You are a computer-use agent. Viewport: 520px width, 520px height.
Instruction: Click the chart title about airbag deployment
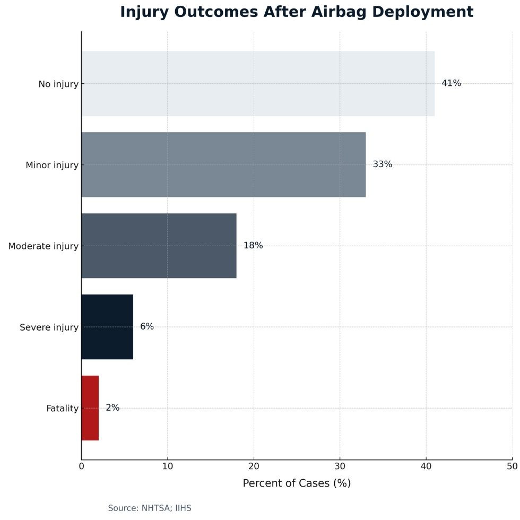click(x=296, y=12)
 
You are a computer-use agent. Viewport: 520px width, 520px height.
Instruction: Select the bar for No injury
click(x=258, y=83)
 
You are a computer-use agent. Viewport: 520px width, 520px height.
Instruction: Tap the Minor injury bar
click(x=223, y=164)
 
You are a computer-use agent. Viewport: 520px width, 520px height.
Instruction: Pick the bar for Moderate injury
click(x=159, y=246)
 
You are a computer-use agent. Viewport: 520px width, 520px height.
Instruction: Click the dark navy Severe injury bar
click(x=107, y=327)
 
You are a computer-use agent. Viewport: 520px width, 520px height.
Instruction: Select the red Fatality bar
click(x=90, y=408)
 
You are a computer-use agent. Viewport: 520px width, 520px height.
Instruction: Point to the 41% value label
click(x=451, y=83)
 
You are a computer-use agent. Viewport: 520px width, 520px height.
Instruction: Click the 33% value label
click(x=382, y=164)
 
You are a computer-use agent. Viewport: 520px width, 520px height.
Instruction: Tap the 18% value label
click(x=253, y=246)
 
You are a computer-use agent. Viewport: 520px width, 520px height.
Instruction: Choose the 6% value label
click(x=147, y=327)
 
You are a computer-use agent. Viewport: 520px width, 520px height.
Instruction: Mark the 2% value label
click(x=112, y=408)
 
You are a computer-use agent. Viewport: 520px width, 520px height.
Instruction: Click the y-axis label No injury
click(x=58, y=84)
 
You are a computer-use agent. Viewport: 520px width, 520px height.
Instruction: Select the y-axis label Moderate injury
click(x=43, y=246)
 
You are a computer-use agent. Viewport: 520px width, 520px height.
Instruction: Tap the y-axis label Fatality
click(x=62, y=409)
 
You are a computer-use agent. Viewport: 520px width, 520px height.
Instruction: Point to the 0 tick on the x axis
click(x=82, y=466)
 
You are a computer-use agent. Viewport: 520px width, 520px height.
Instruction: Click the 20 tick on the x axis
click(x=254, y=466)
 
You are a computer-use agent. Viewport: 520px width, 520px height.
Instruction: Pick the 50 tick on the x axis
click(x=512, y=466)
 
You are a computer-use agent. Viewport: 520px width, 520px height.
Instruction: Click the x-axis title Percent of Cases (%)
click(x=297, y=483)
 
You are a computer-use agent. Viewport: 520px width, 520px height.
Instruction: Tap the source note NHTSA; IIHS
click(x=149, y=508)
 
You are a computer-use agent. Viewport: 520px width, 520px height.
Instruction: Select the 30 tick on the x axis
click(x=340, y=466)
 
